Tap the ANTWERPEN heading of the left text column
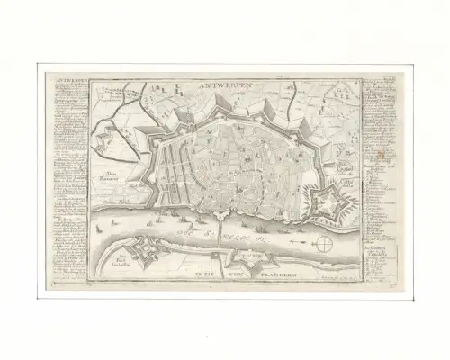(68, 79)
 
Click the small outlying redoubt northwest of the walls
(111, 139)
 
